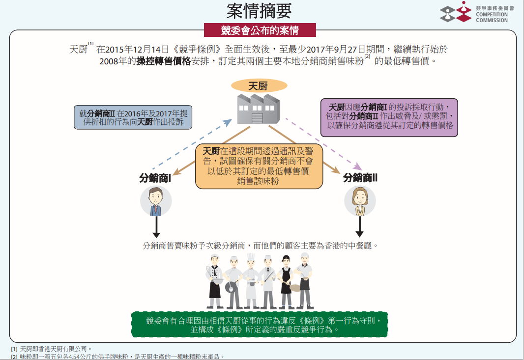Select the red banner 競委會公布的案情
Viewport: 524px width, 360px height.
pos(260,30)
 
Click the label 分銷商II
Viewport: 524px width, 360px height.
pos(360,178)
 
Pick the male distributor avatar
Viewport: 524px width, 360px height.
pos(156,201)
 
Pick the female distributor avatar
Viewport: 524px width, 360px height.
pos(360,201)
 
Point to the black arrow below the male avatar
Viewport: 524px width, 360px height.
pos(156,227)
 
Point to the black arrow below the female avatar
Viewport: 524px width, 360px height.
pos(360,227)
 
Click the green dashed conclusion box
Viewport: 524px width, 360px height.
pos(260,325)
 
